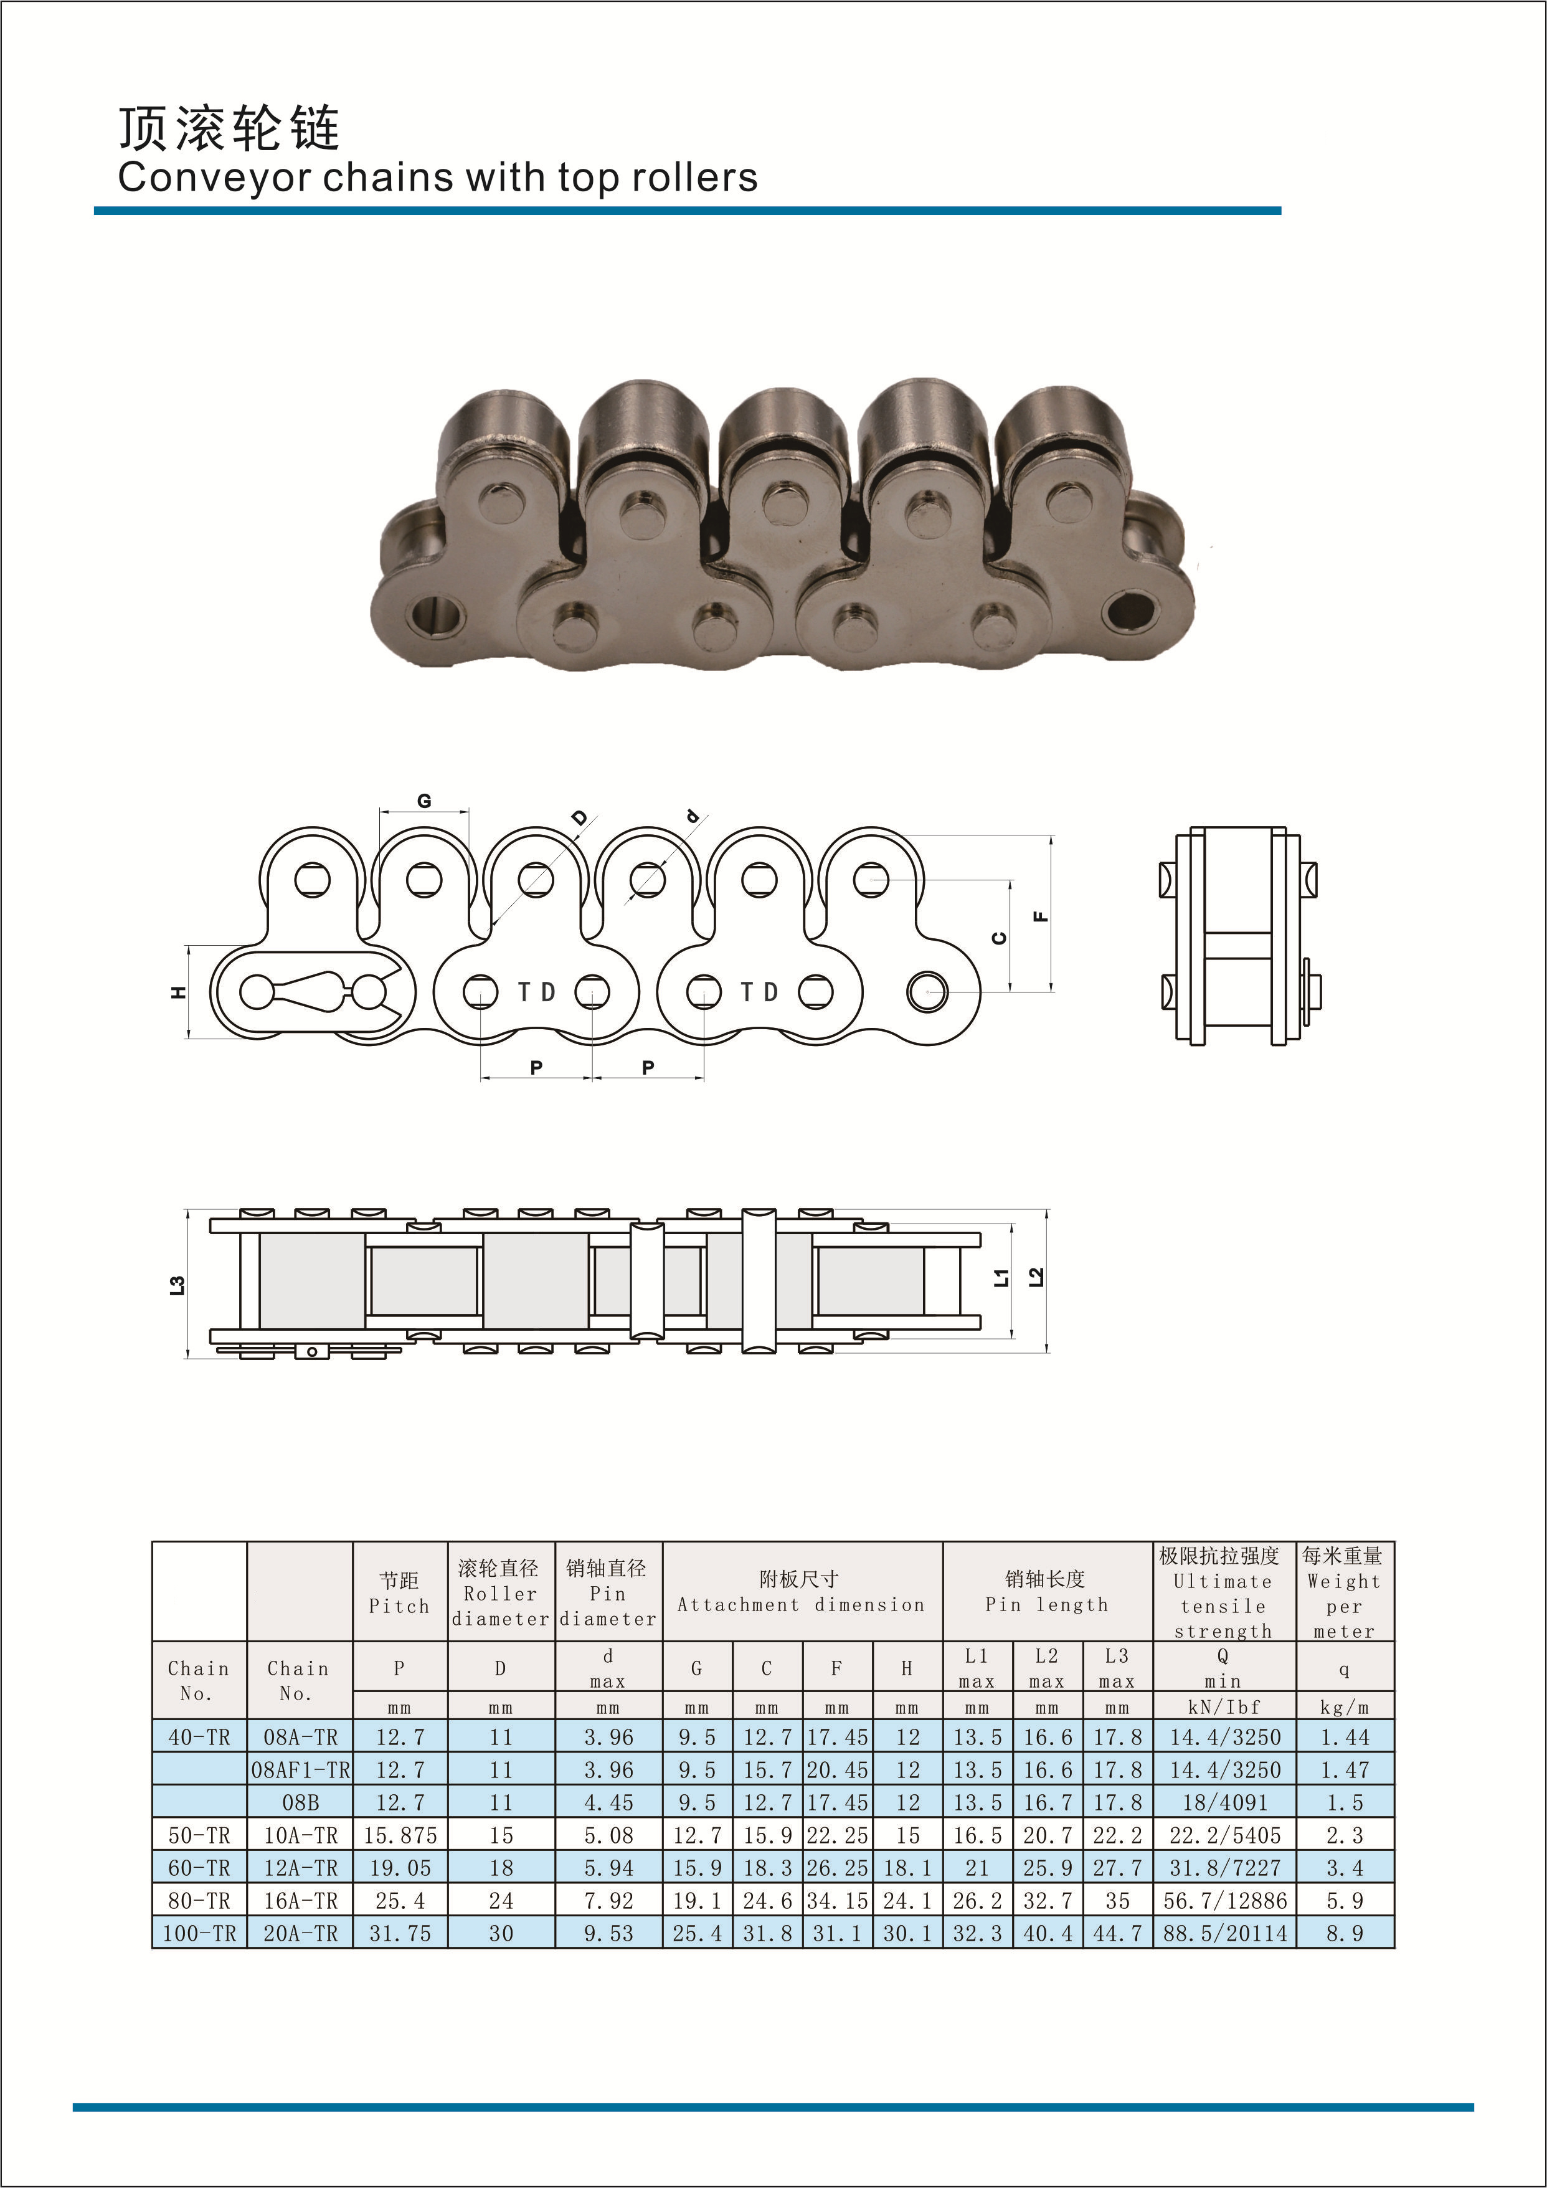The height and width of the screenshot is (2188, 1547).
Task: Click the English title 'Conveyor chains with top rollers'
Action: click(437, 178)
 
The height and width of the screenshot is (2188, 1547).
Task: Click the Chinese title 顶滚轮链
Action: click(229, 128)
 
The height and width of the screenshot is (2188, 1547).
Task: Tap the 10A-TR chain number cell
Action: click(300, 1835)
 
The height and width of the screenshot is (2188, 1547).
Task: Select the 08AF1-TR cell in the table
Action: click(300, 1769)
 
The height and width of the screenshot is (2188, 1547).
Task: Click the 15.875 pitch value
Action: click(400, 1835)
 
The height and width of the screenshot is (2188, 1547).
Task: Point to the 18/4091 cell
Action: click(1224, 1802)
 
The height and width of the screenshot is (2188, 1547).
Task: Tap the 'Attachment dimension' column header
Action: click(801, 1605)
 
